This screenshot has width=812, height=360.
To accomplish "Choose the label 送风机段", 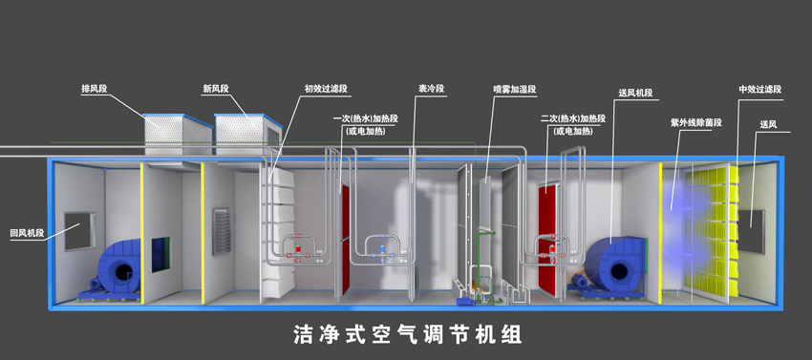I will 635,93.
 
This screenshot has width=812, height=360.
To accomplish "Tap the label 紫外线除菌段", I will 695,123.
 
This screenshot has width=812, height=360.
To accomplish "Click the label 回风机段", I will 27,232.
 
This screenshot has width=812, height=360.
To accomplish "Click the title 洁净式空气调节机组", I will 407,334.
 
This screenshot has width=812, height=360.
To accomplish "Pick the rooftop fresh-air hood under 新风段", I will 243,136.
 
